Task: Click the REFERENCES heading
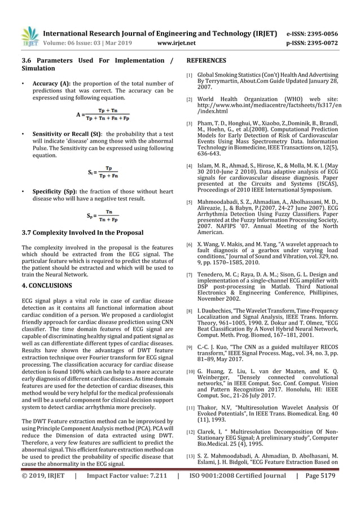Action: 207,60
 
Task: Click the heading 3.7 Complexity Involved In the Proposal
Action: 82,232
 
